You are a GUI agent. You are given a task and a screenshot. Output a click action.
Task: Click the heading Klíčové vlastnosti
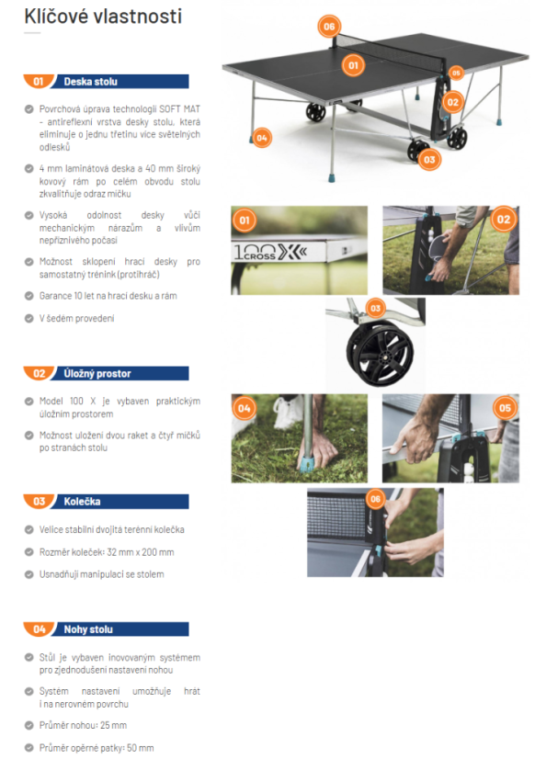point(103,17)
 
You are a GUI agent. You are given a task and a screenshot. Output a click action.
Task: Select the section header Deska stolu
point(90,82)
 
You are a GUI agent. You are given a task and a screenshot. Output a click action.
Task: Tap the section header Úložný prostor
point(97,374)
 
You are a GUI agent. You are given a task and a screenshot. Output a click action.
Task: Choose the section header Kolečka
point(83,502)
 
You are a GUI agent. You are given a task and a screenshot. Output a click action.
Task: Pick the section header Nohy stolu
point(88,629)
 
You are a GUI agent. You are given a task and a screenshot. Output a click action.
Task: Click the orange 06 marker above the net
point(329,27)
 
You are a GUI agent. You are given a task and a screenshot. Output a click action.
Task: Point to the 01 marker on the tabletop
point(353,65)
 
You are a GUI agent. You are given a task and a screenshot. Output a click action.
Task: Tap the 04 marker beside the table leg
point(261,138)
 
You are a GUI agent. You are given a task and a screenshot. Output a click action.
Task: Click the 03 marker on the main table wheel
point(429,160)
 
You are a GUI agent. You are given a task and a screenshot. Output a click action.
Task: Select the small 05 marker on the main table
point(456,74)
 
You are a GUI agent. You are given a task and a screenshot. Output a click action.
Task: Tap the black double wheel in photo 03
point(380,352)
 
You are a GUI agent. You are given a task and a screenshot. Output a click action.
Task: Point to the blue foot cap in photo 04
point(307,463)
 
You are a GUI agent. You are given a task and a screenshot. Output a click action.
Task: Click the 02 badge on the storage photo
point(504,220)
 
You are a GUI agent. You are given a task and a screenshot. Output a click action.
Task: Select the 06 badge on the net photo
point(375,499)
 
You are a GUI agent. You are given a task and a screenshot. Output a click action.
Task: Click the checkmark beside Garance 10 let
point(29,296)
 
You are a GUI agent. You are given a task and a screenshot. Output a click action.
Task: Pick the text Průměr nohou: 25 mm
point(83,725)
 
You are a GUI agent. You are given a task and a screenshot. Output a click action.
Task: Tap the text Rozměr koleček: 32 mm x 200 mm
point(107,552)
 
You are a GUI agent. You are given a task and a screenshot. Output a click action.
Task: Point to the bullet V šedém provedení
point(76,319)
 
